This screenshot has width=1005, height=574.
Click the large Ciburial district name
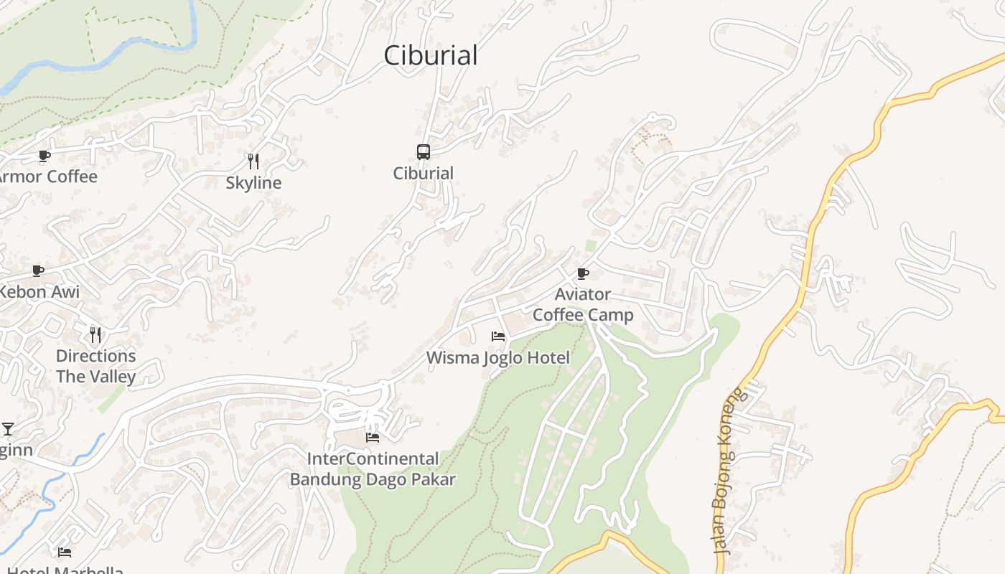tap(431, 55)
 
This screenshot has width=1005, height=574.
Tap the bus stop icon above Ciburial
tap(424, 152)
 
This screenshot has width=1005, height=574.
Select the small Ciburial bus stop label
tap(424, 173)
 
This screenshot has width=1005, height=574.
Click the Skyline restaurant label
tap(253, 183)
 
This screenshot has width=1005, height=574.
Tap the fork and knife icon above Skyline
tap(253, 161)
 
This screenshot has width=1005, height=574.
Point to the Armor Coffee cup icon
tap(44, 156)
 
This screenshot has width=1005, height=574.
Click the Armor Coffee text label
tap(47, 177)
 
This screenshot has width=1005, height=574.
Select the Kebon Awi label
tap(39, 292)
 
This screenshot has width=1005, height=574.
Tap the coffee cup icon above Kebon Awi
tap(38, 270)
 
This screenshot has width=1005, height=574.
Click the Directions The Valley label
tap(95, 366)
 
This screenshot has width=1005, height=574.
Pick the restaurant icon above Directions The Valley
tap(95, 334)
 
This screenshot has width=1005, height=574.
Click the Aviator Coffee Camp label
tap(583, 304)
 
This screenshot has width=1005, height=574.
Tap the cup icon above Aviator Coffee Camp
tap(583, 273)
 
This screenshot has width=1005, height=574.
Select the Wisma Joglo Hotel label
tap(498, 357)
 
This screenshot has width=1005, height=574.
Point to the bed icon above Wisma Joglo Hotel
tap(498, 336)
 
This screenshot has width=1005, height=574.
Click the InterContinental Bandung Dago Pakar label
tap(373, 469)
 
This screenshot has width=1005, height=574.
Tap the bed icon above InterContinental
tap(373, 437)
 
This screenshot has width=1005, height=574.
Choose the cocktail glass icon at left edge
tap(8, 429)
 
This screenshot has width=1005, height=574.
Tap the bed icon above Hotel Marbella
tap(65, 552)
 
